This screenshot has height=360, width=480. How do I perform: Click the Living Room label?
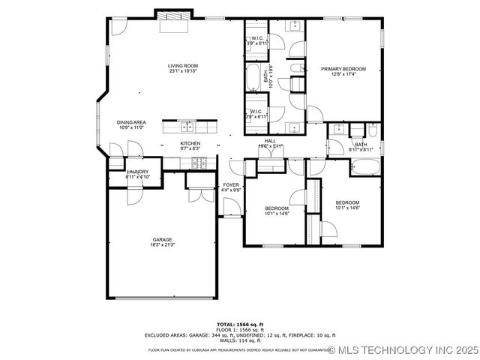182,66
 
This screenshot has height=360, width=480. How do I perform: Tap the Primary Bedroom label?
337,69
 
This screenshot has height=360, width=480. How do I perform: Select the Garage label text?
163,239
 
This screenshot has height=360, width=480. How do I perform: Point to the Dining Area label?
131,122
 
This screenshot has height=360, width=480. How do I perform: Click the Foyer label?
231,184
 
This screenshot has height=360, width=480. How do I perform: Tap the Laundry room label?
137,172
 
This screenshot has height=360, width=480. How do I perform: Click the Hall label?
270,140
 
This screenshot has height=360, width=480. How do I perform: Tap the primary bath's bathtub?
252,76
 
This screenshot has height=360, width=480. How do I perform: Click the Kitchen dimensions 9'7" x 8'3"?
190,148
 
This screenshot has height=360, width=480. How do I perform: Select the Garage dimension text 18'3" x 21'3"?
163,245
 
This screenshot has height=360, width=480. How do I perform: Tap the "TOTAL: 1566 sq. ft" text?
239,323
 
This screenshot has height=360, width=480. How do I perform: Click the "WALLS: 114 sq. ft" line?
239,341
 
